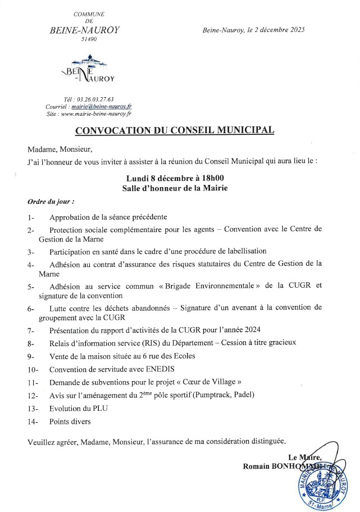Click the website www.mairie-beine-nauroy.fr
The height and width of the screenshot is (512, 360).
[x=95, y=113]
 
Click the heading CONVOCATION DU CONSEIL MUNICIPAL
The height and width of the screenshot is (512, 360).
[x=175, y=131]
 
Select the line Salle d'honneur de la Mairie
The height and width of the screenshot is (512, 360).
[x=175, y=188]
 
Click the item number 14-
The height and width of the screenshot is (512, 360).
[x=31, y=422]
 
